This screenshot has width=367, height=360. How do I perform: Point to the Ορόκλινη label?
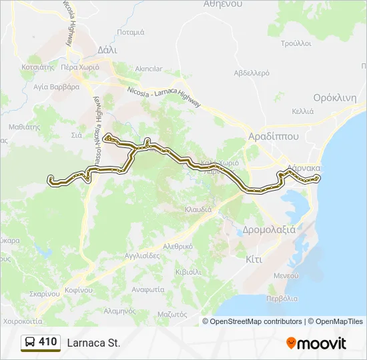(x=335, y=97)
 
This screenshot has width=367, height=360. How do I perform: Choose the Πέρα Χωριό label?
(x=80, y=67)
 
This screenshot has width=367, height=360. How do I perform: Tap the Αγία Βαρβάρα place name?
(x=57, y=87)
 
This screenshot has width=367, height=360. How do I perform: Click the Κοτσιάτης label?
(x=37, y=67)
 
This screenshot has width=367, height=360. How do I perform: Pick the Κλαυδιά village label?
(x=198, y=209)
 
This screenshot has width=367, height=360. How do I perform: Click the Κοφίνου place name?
(x=78, y=290)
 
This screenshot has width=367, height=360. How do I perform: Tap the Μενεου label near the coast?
(x=285, y=275)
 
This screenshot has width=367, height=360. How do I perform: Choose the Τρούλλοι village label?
(x=296, y=43)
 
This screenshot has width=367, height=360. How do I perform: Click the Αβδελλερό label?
(x=251, y=72)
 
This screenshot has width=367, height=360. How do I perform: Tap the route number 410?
(x=48, y=342)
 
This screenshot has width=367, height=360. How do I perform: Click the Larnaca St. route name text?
(x=93, y=343)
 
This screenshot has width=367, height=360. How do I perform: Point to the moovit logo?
(x=316, y=343)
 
